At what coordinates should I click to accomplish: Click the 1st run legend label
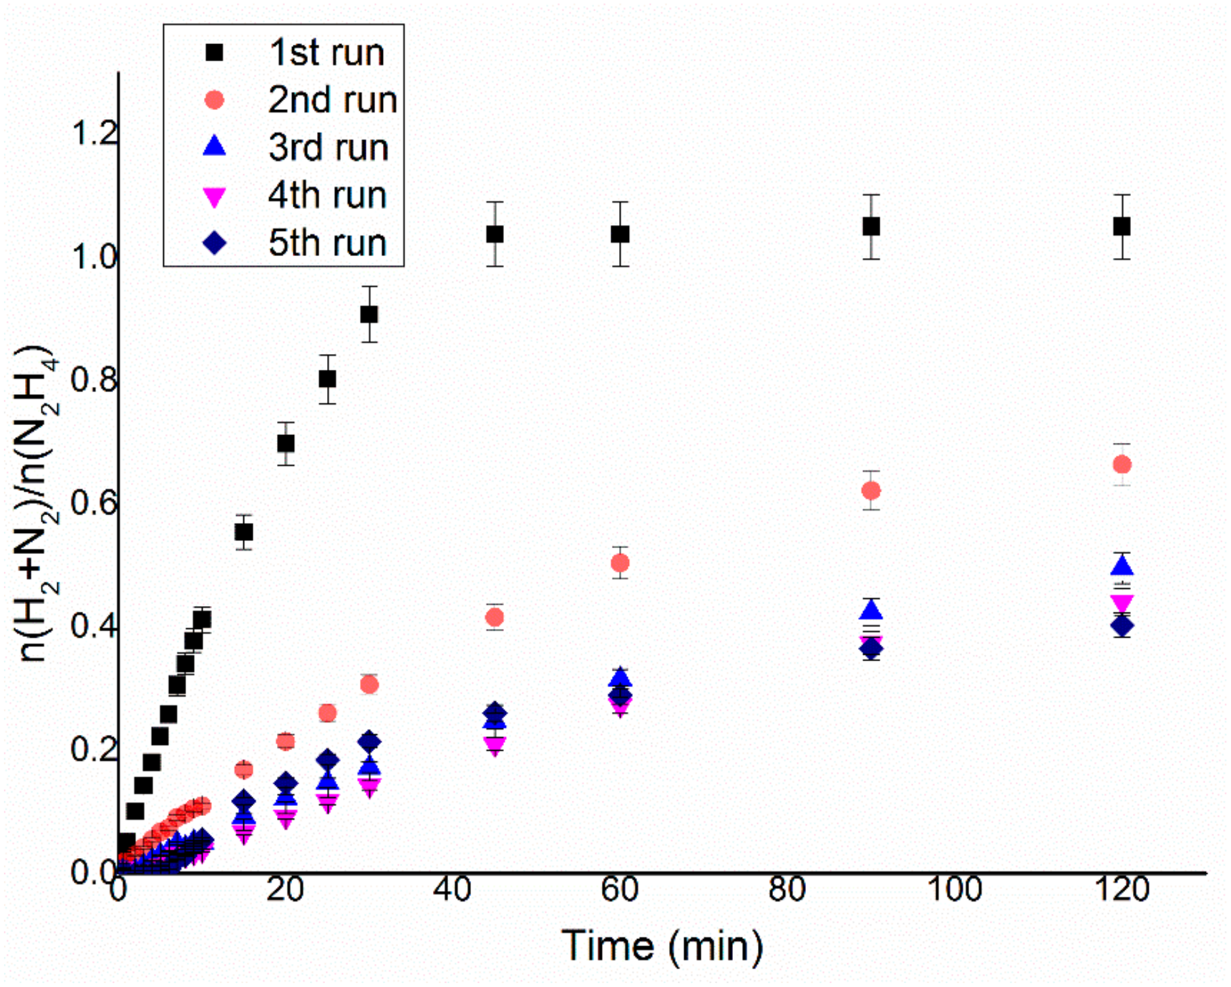327,53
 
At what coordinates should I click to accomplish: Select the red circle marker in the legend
214,100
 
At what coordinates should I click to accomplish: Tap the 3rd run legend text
328,147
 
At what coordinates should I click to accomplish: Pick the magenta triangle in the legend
214,197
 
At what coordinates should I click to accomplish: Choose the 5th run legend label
327,243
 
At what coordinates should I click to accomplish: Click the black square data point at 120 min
1122,227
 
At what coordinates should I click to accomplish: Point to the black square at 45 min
495,234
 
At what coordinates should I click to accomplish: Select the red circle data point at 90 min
871,490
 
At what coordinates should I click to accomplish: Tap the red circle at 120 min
1122,465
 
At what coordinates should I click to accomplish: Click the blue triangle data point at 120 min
1122,566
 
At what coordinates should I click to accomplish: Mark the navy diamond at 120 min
1122,626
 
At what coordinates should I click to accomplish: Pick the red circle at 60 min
620,563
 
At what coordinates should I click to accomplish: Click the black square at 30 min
369,315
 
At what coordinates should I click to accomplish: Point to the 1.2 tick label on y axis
94,134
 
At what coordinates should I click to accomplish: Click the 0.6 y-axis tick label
94,503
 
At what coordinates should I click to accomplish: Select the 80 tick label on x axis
787,890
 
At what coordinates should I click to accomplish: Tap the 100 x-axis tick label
954,890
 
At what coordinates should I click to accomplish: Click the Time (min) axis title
662,946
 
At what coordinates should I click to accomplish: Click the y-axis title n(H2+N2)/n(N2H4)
36,503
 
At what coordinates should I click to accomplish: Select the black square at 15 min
244,532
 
